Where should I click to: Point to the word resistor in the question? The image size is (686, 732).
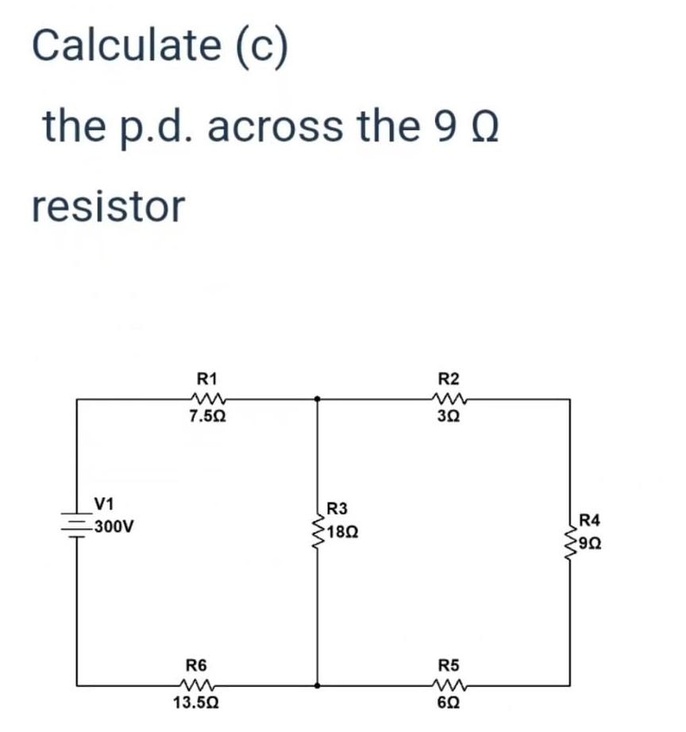point(109,206)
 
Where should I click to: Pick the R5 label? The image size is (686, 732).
point(451,665)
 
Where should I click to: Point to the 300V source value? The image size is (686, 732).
point(114,526)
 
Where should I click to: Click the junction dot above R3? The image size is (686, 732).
point(317,399)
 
